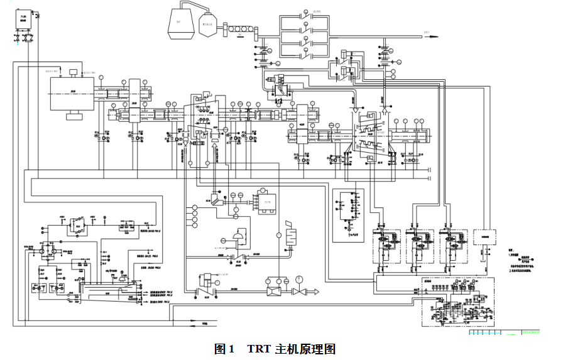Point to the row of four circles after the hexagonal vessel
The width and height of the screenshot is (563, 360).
point(238,29)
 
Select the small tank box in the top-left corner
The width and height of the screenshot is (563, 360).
point(23,18)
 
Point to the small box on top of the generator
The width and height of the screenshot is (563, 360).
point(74,72)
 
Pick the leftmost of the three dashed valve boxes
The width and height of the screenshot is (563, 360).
point(385,245)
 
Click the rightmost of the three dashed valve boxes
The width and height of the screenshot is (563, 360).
point(454,245)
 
